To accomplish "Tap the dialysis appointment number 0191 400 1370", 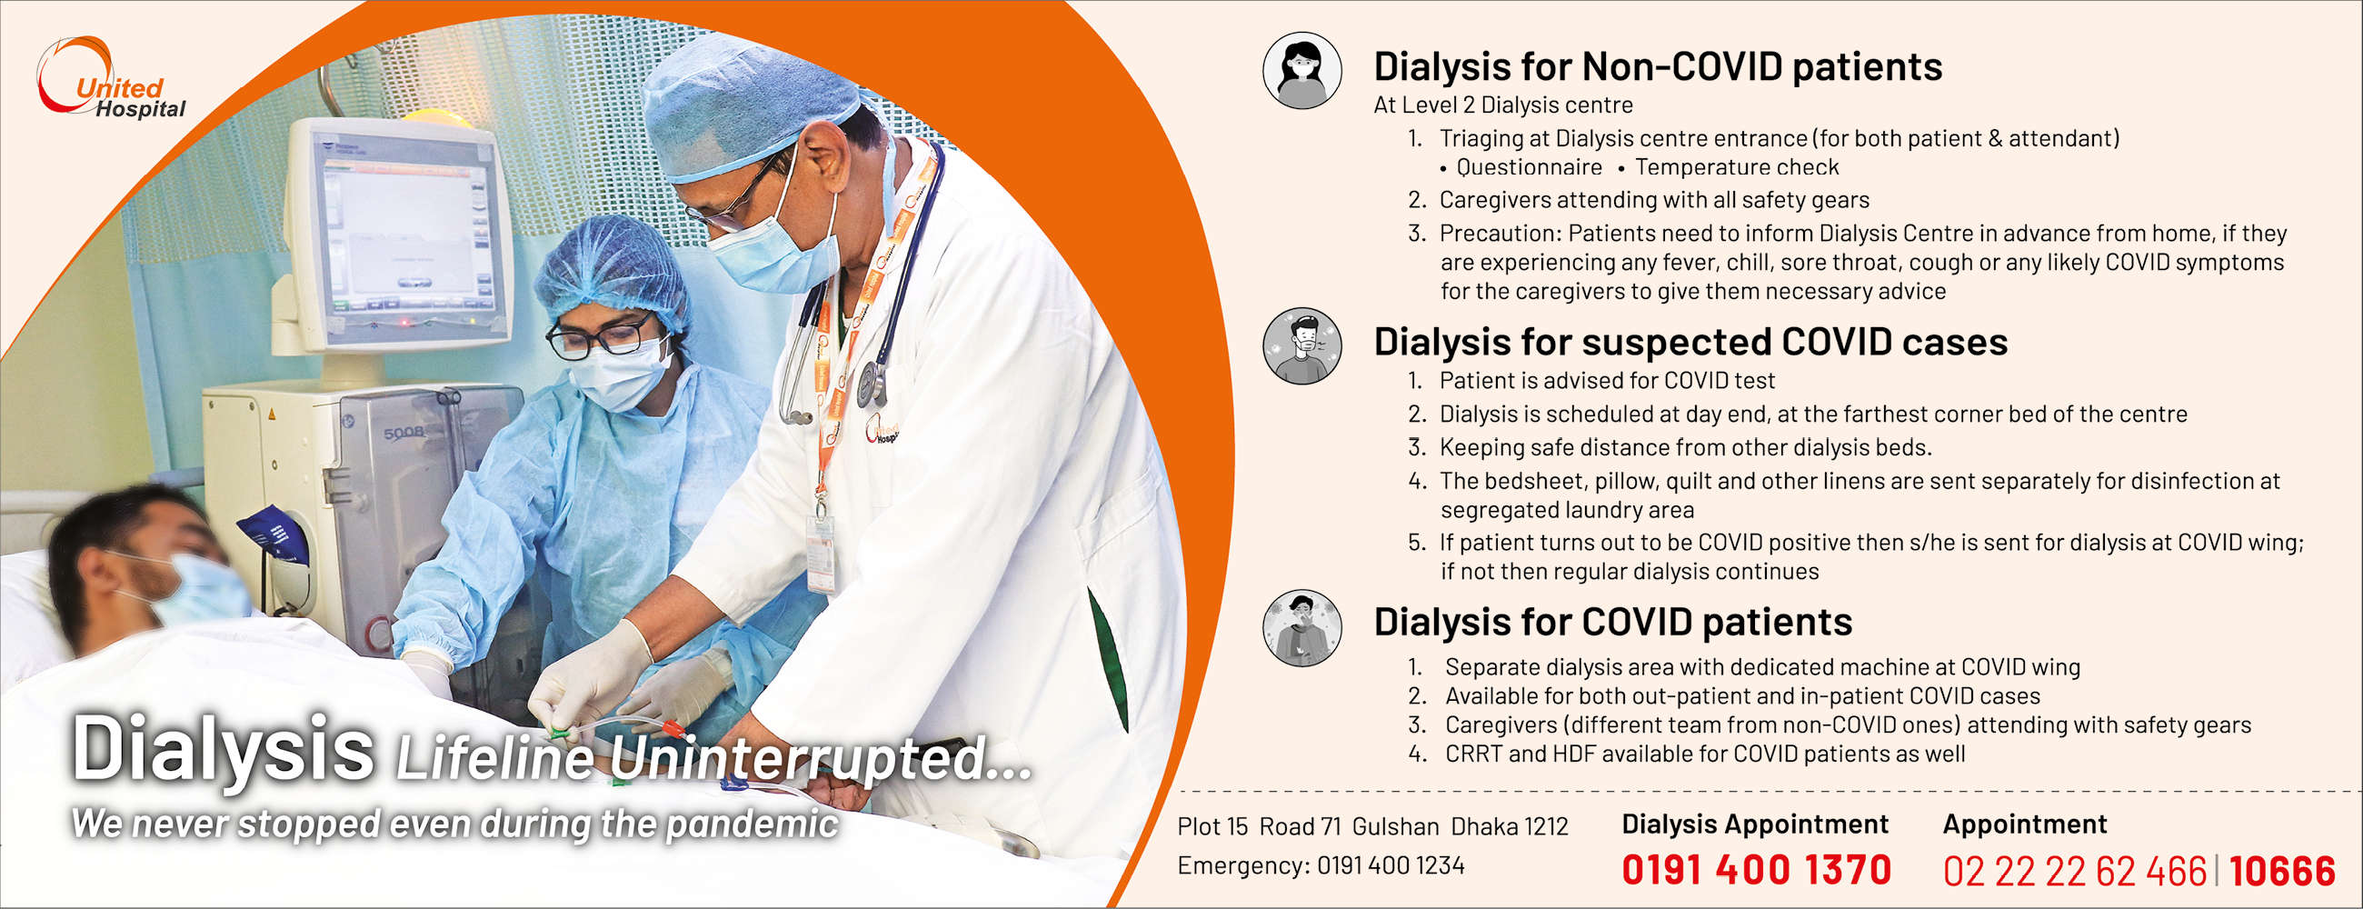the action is click(1756, 870).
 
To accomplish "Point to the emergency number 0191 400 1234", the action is click(1391, 865).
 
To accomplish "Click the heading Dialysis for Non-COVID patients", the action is click(1658, 66).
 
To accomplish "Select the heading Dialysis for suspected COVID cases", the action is click(1690, 341).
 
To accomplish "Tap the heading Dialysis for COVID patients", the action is click(1612, 622).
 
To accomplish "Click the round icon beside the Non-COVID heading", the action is click(1301, 71).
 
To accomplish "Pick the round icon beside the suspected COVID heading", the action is click(1301, 345).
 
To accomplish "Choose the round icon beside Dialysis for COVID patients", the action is click(1301, 627).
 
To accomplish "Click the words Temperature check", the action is click(1737, 167).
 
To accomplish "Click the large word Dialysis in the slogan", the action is click(223, 749).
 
